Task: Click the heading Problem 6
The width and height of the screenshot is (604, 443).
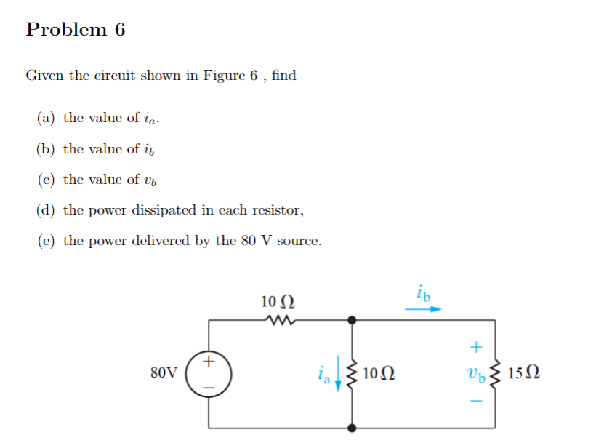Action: [x=76, y=30]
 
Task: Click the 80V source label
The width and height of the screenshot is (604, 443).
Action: [x=163, y=373]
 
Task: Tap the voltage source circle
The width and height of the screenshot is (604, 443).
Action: [x=209, y=373]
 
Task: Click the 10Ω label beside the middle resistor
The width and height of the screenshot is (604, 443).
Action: [x=378, y=374]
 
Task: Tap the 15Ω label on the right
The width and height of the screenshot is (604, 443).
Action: [x=523, y=374]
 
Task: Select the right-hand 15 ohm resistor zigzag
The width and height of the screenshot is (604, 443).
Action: [x=497, y=373]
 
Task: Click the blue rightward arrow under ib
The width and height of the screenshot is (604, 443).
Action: [x=423, y=308]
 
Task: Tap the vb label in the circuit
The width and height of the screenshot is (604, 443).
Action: [x=477, y=375]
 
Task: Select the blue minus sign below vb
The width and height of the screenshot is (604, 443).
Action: [x=477, y=402]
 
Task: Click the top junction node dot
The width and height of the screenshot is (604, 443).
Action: [x=353, y=319]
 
